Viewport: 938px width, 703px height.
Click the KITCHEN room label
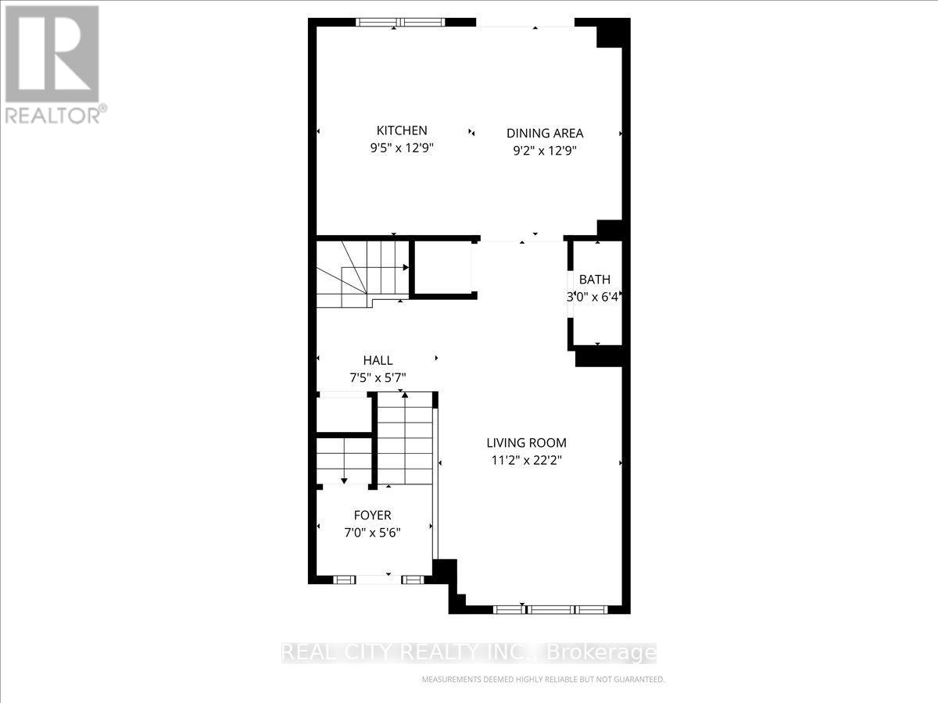point(402,130)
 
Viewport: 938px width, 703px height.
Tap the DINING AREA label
point(545,133)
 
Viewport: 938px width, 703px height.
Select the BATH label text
point(595,279)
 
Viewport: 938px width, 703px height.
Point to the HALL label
point(378,360)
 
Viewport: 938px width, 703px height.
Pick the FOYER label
point(373,515)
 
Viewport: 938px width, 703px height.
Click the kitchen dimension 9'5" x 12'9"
point(402,148)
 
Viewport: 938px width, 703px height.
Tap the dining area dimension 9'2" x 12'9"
point(545,151)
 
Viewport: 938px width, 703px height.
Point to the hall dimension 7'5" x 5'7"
point(378,378)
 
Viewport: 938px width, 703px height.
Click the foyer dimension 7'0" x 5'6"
point(373,533)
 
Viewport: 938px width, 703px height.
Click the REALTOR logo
point(53,62)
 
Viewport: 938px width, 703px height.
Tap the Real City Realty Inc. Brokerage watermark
point(469,652)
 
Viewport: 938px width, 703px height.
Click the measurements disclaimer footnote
point(542,680)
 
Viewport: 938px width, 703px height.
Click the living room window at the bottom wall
point(550,608)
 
